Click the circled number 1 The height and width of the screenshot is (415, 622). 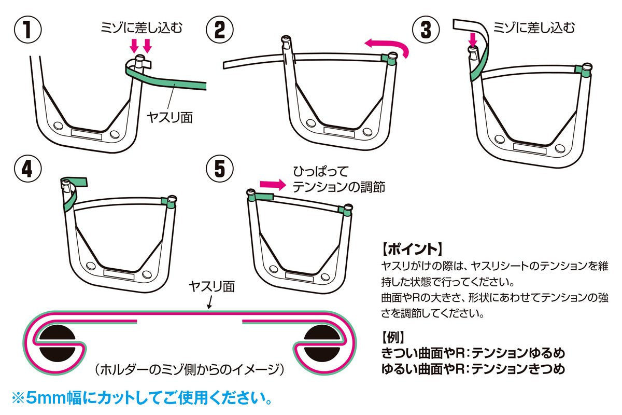click(x=27, y=30)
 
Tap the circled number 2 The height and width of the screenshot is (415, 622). click(x=219, y=30)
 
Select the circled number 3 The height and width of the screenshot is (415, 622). click(x=426, y=30)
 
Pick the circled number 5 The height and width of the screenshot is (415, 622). click(x=219, y=169)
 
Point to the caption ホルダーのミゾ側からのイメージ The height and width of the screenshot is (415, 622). click(x=190, y=370)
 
